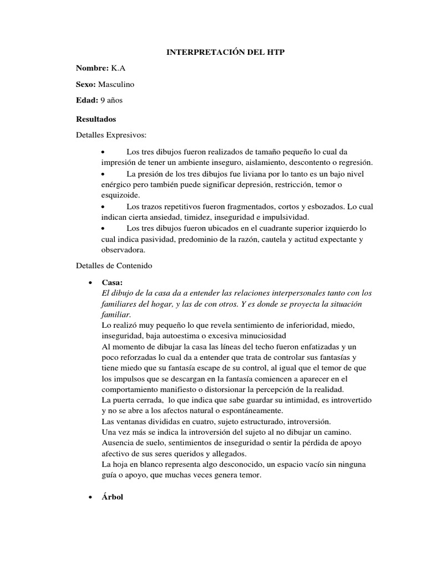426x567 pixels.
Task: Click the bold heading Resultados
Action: pos(96,118)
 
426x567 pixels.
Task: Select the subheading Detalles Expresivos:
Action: pos(110,135)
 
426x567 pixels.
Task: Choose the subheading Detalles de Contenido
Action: pos(113,265)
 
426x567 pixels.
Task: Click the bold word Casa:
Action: pos(111,282)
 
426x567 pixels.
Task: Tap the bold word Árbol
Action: pos(113,497)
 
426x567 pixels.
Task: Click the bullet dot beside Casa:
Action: pos(89,282)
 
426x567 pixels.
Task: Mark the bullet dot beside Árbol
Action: pos(89,498)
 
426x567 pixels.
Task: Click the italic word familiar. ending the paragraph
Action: pos(116,314)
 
